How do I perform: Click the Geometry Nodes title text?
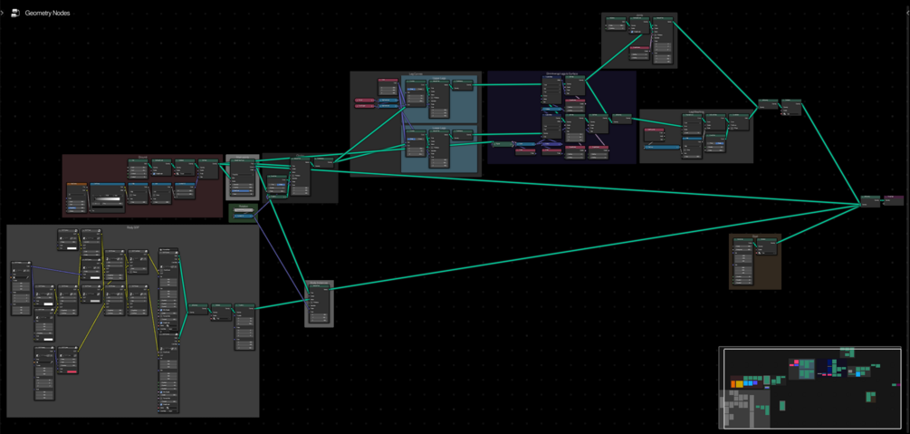[x=47, y=14]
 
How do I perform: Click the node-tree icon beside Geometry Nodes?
[x=15, y=14]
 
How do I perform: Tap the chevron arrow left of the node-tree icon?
[x=5, y=14]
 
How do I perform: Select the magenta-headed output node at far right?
[x=893, y=200]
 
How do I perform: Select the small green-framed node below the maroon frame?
[x=242, y=213]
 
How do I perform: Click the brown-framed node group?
[x=755, y=263]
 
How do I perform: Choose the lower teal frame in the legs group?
[x=441, y=149]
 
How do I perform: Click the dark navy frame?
[x=561, y=118]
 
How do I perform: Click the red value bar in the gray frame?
[x=69, y=371]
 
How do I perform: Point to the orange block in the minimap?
[x=738, y=384]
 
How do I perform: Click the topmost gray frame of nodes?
[x=639, y=40]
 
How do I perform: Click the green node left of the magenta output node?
[x=869, y=200]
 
